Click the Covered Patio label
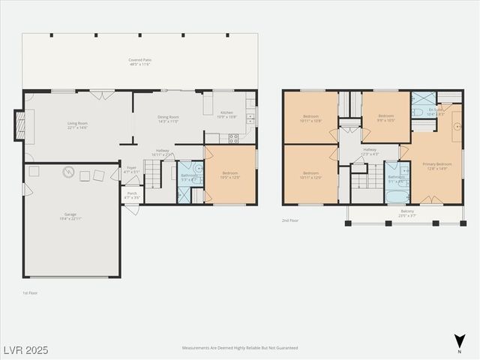[x=139, y=62]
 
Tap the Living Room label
[x=78, y=126]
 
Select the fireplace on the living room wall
[x=20, y=125]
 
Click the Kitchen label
[x=226, y=115]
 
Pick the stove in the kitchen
[x=233, y=138]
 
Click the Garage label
[x=70, y=216]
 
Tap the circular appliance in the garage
[x=68, y=172]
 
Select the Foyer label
[x=131, y=169]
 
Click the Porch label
[x=131, y=195]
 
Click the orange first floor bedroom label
[x=230, y=175]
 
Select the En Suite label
[x=436, y=112]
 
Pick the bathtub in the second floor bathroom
[x=397, y=196]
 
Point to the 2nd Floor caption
[x=291, y=220]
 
